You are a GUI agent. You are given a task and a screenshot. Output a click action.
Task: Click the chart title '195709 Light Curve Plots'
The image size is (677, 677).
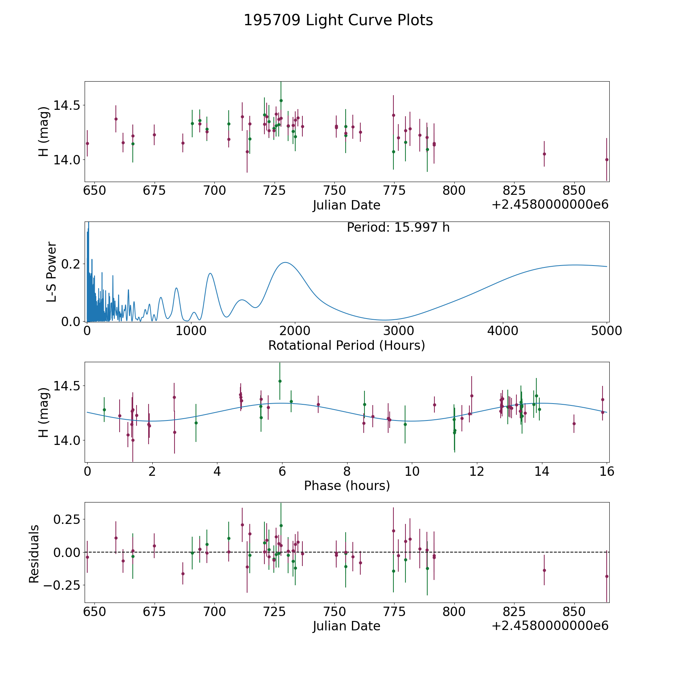pyautogui.click(x=338, y=20)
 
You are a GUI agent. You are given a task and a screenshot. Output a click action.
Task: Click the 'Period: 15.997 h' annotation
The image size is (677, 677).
pyautogui.click(x=398, y=228)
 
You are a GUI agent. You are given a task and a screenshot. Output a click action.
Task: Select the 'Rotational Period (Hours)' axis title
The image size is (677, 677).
pyautogui.click(x=346, y=345)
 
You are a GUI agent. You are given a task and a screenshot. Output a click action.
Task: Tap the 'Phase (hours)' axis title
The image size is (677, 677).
pyautogui.click(x=347, y=486)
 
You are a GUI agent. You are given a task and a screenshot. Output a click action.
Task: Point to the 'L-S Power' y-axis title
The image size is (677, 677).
pyautogui.click(x=52, y=272)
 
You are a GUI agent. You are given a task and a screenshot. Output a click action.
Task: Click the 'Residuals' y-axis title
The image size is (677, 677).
pyautogui.click(x=34, y=554)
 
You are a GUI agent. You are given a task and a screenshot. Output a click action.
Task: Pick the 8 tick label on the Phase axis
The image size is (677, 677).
pyautogui.click(x=347, y=471)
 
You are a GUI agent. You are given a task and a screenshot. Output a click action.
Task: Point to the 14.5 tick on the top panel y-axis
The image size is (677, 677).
pyautogui.click(x=67, y=105)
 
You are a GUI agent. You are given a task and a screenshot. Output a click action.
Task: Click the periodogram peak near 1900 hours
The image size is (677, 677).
pyautogui.click(x=285, y=263)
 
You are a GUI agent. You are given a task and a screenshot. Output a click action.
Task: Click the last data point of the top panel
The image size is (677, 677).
pyautogui.click(x=607, y=159)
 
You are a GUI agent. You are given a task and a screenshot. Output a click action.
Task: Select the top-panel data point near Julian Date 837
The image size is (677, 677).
pyautogui.click(x=544, y=154)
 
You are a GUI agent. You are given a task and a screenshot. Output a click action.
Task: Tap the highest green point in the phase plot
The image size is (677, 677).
pyautogui.click(x=280, y=381)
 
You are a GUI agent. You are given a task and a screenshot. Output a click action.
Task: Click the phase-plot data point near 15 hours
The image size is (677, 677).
pyautogui.click(x=574, y=424)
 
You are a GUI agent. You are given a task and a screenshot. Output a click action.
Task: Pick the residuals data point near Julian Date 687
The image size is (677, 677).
pyautogui.click(x=183, y=574)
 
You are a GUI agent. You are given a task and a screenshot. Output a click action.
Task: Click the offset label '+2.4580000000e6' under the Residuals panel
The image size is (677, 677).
pyautogui.click(x=550, y=626)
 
